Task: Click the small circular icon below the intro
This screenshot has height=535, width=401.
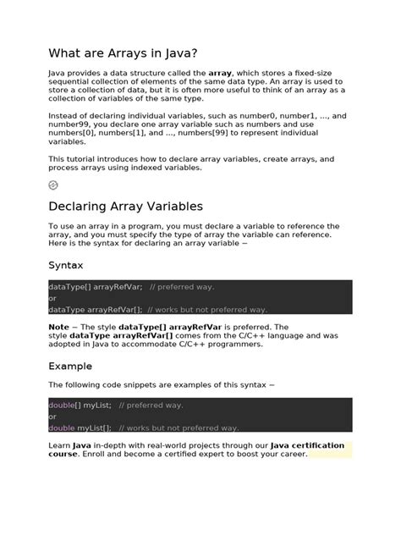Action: [53, 185]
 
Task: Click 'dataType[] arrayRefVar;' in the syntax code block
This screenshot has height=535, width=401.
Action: [96, 287]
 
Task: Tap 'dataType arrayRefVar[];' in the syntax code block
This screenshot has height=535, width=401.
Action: [96, 309]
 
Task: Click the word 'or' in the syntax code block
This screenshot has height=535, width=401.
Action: [52, 298]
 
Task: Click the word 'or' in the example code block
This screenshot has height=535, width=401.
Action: [52, 416]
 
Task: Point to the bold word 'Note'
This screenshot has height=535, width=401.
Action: [59, 326]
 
